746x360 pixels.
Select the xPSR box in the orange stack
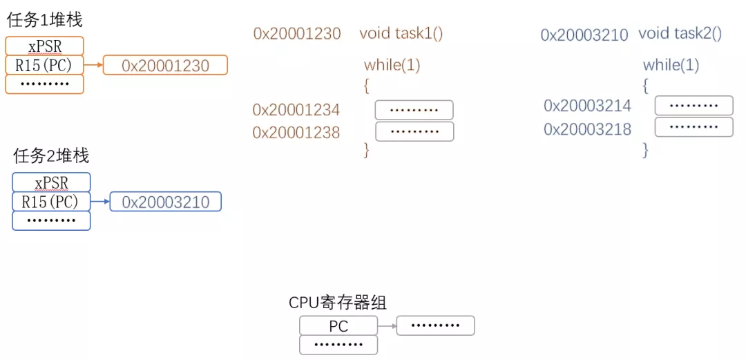[44, 46]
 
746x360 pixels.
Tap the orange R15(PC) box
[44, 66]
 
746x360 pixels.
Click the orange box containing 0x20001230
[165, 66]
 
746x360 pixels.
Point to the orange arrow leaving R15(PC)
[93, 66]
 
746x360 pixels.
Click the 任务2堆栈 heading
[51, 156]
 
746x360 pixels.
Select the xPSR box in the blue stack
[51, 182]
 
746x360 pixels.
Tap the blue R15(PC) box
[51, 202]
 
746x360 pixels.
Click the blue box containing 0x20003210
[165, 202]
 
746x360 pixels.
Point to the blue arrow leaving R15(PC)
[100, 202]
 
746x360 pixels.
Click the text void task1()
[401, 33]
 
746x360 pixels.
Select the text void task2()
[680, 33]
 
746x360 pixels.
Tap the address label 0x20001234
[296, 110]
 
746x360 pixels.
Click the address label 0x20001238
[296, 133]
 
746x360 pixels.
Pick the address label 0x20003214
[587, 106]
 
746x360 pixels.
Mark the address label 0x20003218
[587, 129]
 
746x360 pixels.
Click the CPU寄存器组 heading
[338, 303]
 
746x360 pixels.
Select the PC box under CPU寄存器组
[338, 326]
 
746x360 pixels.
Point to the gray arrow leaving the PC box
[387, 326]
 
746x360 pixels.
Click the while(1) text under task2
[671, 66]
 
